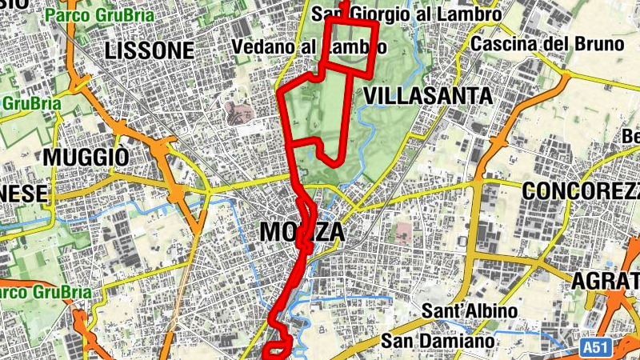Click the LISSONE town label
150,50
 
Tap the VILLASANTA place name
427,96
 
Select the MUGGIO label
86,157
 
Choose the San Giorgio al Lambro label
406,14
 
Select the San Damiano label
438,341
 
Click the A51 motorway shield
593,348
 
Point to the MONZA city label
302,232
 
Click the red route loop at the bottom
278,350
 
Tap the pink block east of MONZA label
404,234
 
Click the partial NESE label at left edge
24,194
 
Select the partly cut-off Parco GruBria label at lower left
44,291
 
